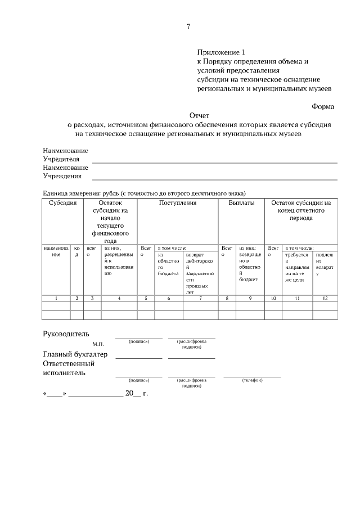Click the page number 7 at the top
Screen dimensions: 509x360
(188, 26)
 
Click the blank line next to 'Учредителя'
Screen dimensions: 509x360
(214, 162)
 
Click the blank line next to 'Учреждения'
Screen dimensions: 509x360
(214, 179)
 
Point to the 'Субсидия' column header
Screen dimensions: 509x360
(62, 202)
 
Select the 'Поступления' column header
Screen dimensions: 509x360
(177, 202)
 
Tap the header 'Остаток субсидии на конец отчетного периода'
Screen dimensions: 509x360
(300, 210)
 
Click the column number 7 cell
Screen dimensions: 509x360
(201, 298)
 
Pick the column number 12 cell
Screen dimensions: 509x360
(325, 298)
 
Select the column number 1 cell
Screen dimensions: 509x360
(56, 298)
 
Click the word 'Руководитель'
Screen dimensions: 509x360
(66, 335)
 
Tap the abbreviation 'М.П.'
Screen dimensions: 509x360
(98, 343)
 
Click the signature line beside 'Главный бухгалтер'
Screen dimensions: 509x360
(138, 357)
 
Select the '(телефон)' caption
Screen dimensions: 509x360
(252, 381)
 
